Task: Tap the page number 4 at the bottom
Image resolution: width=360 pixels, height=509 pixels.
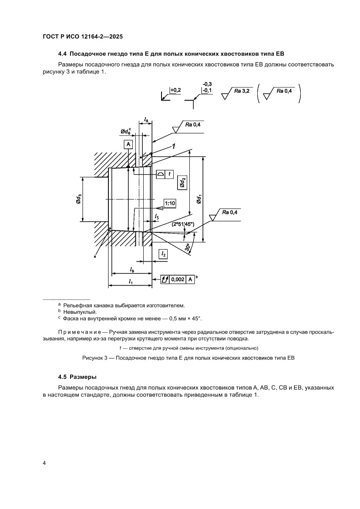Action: click(44, 463)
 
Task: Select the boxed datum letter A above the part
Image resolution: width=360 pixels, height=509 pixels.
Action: click(128, 144)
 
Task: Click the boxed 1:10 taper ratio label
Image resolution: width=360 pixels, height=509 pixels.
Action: click(169, 203)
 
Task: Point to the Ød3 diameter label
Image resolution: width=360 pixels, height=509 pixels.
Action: click(78, 199)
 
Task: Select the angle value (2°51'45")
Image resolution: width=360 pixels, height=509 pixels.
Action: click(183, 224)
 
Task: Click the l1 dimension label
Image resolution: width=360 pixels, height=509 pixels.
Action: click(130, 282)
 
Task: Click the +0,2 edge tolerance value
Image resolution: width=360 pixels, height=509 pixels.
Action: click(175, 90)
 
